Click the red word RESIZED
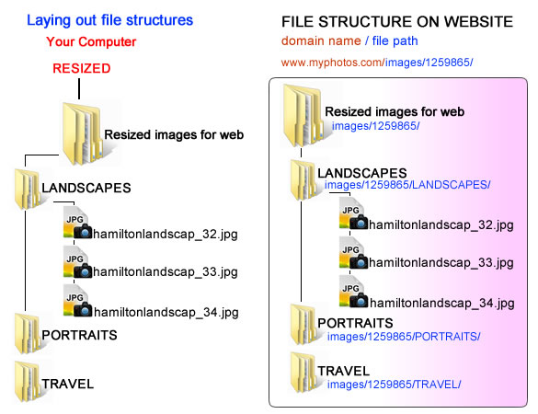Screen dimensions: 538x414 pos(82,68)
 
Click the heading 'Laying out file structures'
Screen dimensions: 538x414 pos(109,20)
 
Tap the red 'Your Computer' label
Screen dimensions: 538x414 pos(91,42)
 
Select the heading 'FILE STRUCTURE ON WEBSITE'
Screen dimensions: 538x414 pos(397,22)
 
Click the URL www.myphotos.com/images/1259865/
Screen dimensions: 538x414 pos(377,63)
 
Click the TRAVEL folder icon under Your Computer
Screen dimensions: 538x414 pos(28,381)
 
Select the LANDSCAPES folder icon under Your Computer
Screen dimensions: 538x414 pos(28,189)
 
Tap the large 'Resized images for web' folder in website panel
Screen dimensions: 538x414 pos(303,116)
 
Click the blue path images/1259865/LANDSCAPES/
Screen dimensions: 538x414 pos(407,185)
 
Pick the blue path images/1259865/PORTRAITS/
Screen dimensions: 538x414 pos(404,337)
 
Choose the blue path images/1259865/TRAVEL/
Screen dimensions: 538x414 pos(394,385)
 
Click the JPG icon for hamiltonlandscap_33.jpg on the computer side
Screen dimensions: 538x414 pos(77,262)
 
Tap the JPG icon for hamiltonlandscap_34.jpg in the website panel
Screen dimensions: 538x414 pos(353,292)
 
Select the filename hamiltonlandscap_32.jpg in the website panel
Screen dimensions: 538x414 pos(441,224)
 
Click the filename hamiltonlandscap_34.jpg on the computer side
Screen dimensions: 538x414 pos(166,312)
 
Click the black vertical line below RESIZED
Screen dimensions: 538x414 pos(79,88)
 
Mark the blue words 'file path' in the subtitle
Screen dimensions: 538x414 pos(395,41)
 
